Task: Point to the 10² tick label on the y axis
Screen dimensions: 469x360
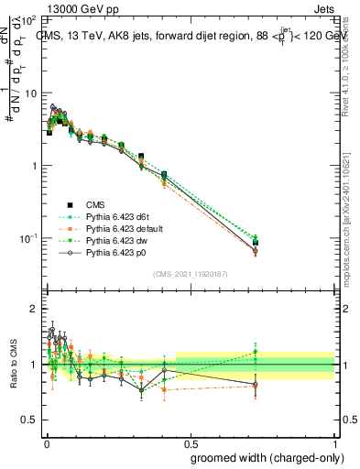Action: coord(27,20)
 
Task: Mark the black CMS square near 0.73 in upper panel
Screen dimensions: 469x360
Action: coord(256,242)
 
